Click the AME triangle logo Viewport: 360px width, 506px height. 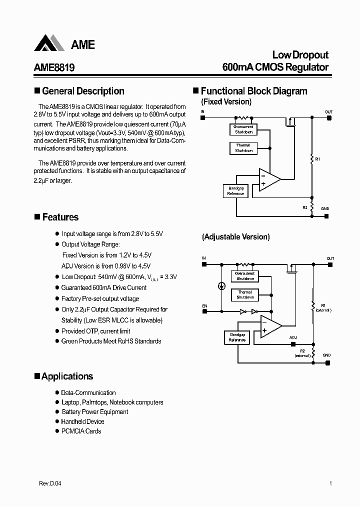(49, 43)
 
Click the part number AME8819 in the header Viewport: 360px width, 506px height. (54, 67)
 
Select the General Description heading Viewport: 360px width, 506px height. (83, 91)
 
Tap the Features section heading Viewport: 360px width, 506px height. (60, 217)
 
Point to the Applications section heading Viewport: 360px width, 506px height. (67, 376)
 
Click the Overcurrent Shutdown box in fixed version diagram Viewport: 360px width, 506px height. (243, 129)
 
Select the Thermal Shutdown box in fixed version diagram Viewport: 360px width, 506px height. (243, 148)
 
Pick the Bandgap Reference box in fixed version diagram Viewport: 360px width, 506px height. (235, 190)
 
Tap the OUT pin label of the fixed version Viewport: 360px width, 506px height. (328, 112)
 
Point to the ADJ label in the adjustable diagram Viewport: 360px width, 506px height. (293, 337)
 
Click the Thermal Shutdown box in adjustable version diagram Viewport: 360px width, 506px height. (244, 294)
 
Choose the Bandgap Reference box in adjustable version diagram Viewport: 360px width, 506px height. (237, 337)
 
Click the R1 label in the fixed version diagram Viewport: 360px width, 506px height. (317, 158)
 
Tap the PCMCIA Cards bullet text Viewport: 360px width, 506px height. (81, 431)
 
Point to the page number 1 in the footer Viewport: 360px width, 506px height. (330, 483)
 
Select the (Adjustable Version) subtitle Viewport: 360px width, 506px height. (236, 237)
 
